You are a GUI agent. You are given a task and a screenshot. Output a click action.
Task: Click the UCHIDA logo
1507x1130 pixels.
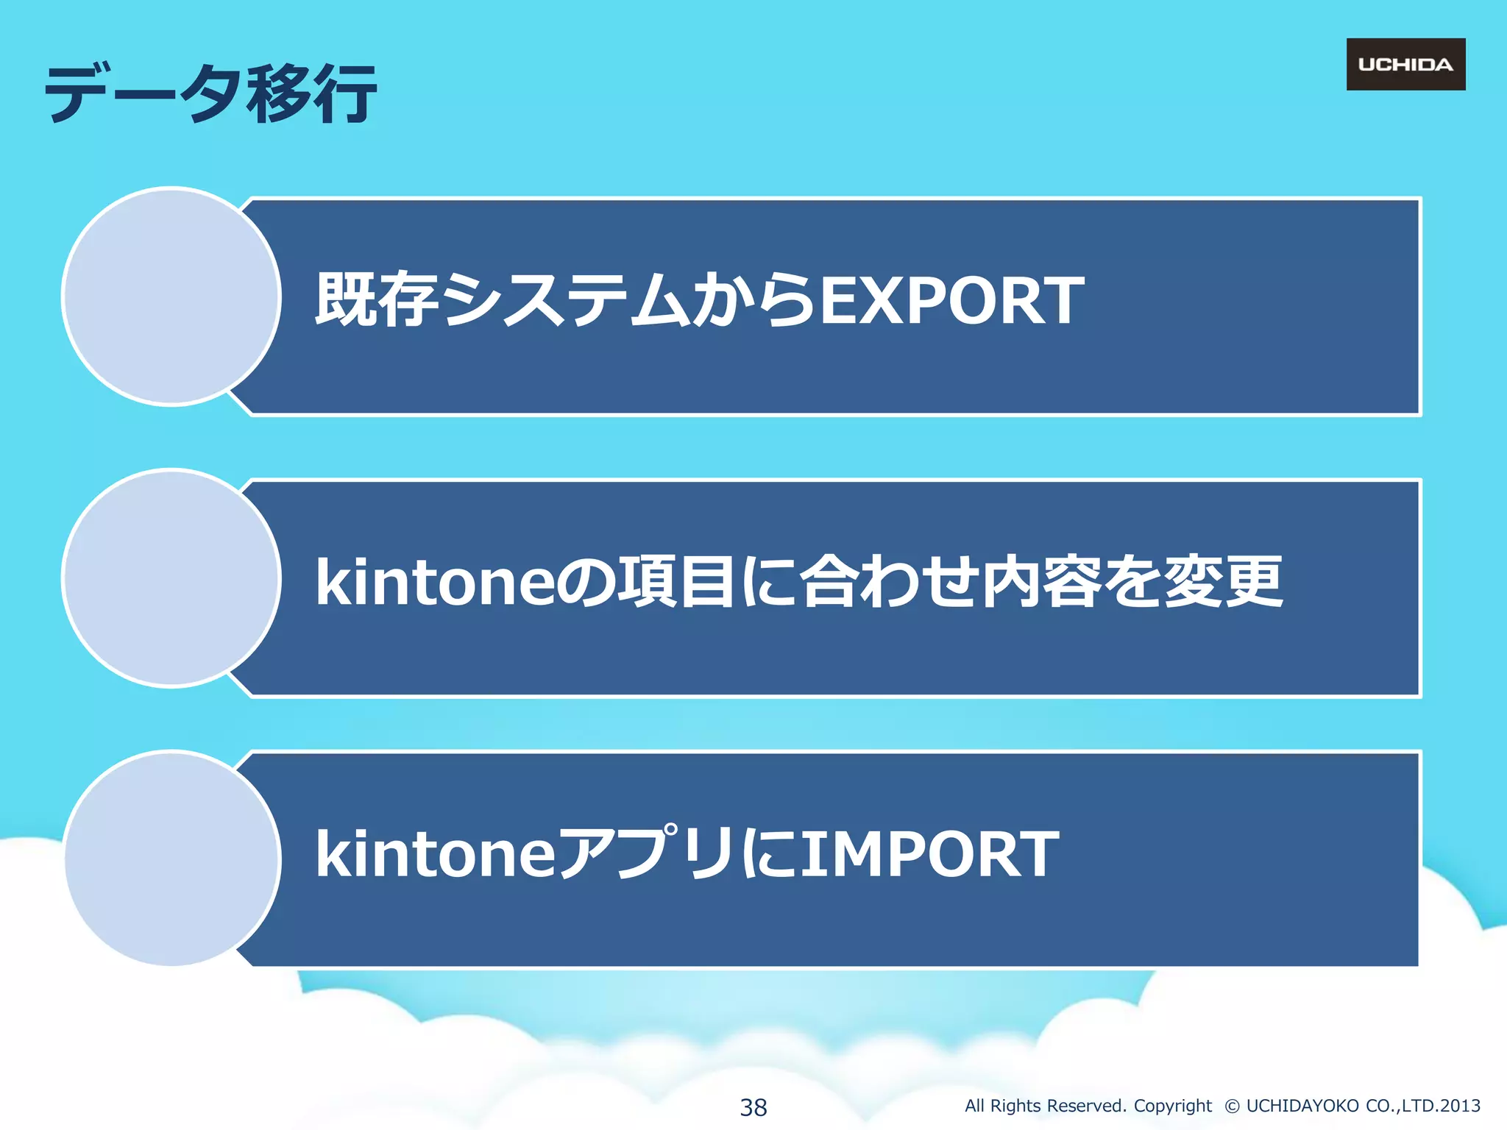click(1405, 65)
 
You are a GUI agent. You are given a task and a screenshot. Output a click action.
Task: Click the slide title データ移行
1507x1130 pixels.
click(210, 93)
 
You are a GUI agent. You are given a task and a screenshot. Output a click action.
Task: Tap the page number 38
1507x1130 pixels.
click(753, 1106)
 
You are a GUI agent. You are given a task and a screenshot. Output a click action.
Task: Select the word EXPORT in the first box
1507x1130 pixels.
click(951, 300)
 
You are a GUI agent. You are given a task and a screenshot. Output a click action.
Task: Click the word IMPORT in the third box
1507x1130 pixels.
click(929, 854)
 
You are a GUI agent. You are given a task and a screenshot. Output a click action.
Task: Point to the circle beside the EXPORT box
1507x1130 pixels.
click(171, 296)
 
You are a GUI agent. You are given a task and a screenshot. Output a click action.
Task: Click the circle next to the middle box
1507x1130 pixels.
click(171, 578)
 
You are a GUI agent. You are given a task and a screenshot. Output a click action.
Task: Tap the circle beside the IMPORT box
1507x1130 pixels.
click(171, 859)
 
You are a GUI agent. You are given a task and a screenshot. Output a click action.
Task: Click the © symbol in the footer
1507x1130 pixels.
click(1232, 1106)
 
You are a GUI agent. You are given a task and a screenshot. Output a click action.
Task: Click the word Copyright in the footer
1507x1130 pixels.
click(1172, 1106)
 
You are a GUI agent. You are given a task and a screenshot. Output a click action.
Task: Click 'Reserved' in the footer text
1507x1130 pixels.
click(1086, 1106)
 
